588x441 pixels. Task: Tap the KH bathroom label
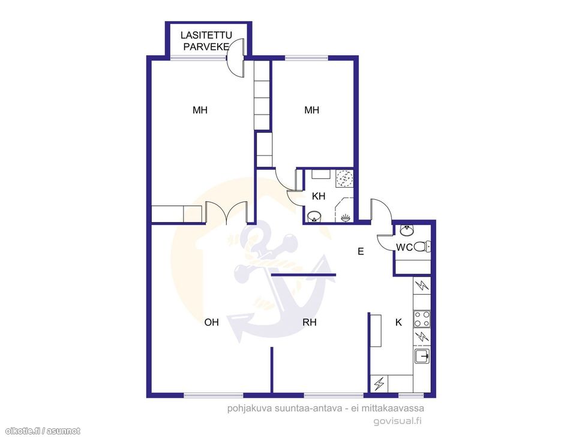319,196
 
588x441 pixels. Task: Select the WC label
404,247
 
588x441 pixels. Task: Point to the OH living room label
211,322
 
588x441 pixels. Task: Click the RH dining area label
310,322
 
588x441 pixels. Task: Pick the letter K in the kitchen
398,322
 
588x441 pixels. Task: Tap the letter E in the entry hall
361,251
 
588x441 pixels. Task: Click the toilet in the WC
422,247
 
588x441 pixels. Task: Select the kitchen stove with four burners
422,319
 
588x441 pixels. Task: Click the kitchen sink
422,356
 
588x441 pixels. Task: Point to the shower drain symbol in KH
344,178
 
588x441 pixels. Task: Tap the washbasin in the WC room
407,230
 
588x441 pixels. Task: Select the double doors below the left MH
226,213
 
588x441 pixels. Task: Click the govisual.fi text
397,421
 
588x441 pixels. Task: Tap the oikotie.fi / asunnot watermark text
43,431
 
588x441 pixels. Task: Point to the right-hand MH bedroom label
311,110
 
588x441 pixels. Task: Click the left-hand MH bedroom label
200,110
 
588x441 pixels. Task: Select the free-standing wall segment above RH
304,275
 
